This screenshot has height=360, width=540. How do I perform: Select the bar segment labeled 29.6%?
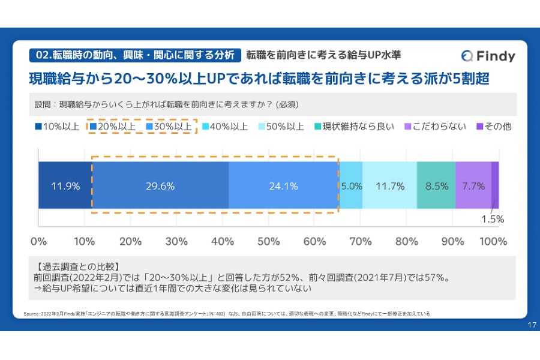(x=160, y=186)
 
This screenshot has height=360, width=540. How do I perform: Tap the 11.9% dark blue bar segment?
(x=65, y=186)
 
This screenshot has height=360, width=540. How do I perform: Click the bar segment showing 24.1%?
(x=284, y=186)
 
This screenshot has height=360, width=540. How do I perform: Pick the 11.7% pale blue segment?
(x=389, y=186)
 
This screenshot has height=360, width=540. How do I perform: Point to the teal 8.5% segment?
(x=436, y=186)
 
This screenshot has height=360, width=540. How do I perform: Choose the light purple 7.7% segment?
(x=473, y=186)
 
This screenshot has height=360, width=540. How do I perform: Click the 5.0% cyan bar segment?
(x=352, y=186)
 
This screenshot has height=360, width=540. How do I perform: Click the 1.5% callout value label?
(x=493, y=219)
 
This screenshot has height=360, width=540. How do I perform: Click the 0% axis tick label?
(x=38, y=242)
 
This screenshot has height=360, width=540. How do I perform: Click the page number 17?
(x=531, y=325)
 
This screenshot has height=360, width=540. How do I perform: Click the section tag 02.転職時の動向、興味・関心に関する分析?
(x=135, y=55)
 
